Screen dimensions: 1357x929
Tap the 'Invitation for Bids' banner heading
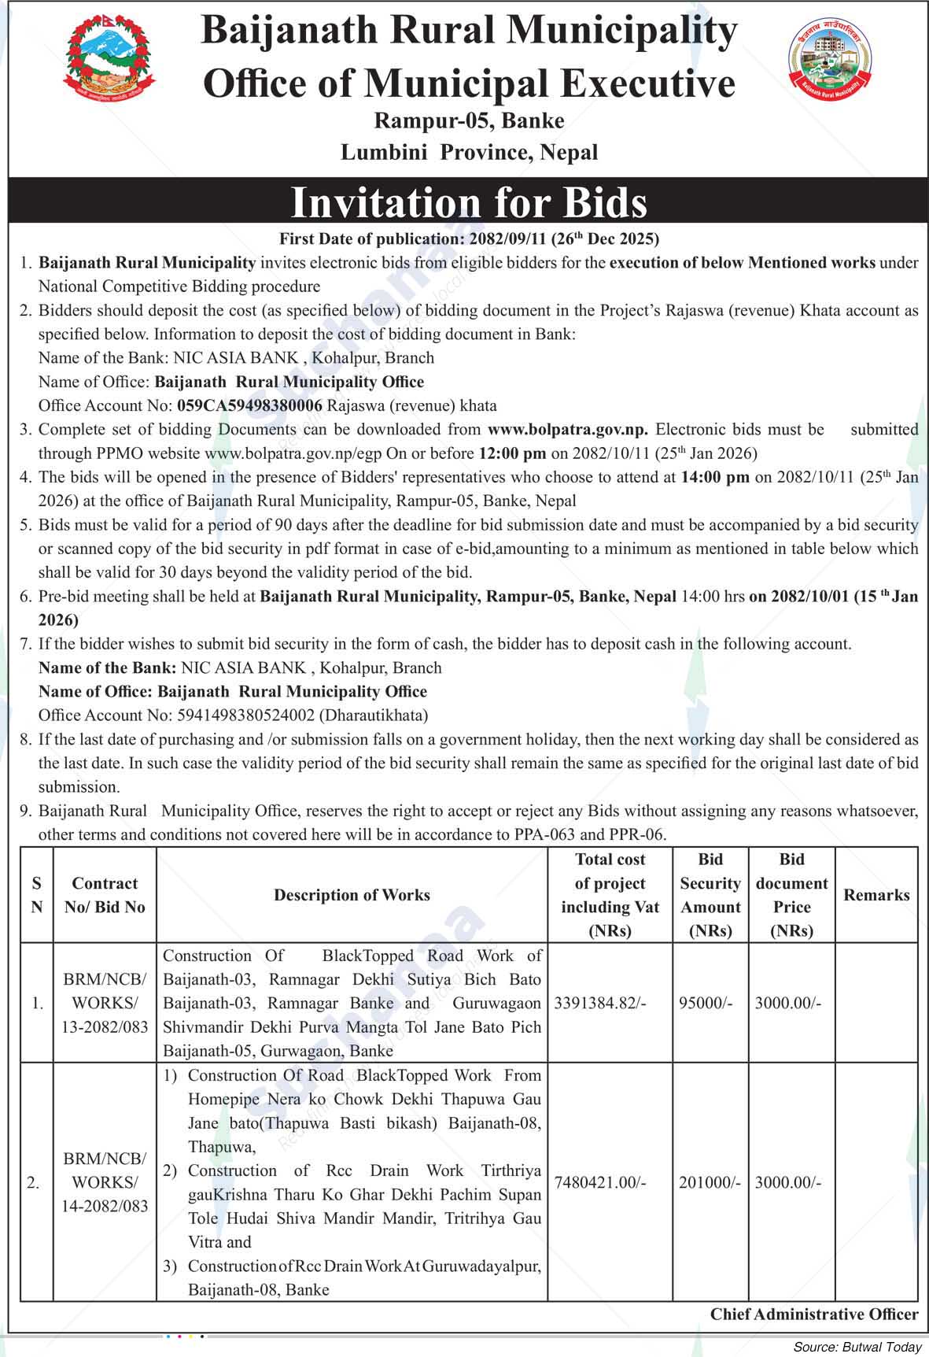pyautogui.click(x=469, y=202)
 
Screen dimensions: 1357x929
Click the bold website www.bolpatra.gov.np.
pyautogui.click(x=568, y=429)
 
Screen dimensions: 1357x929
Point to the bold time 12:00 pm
pyautogui.click(x=512, y=453)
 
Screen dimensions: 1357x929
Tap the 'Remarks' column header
pyautogui.click(x=876, y=895)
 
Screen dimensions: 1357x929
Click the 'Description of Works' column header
pyautogui.click(x=352, y=895)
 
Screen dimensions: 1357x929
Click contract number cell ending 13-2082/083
pyautogui.click(x=105, y=1004)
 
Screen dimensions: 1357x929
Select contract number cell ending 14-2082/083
pyautogui.click(x=105, y=1182)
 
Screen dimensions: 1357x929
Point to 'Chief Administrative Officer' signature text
pyautogui.click(x=814, y=1314)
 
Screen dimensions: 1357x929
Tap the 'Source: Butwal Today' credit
pyautogui.click(x=857, y=1347)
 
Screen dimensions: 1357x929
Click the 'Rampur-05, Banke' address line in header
pyautogui.click(x=469, y=120)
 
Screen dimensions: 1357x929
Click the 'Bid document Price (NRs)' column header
pyautogui.click(x=791, y=895)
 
